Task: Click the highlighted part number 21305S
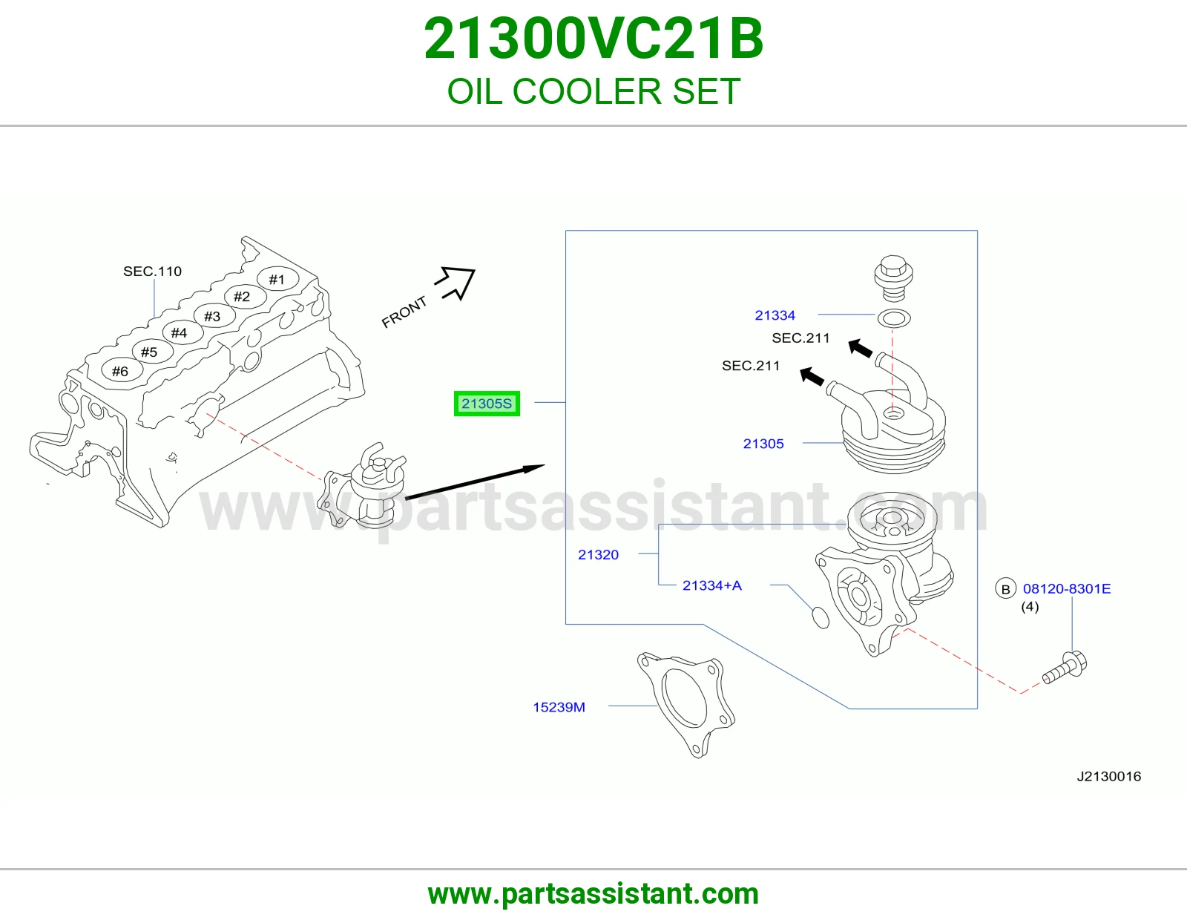[x=487, y=404]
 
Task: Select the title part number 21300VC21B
[x=593, y=39]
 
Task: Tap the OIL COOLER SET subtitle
[x=593, y=91]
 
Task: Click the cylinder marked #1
[x=277, y=280]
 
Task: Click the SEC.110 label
[x=152, y=272]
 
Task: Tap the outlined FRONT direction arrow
[x=456, y=282]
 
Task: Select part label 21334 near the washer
[x=775, y=315]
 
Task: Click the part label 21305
[x=763, y=444]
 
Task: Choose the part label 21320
[x=598, y=554]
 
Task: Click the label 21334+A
[x=711, y=585]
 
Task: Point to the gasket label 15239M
[x=559, y=707]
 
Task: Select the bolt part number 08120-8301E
[x=1066, y=588]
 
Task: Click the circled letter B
[x=1005, y=588]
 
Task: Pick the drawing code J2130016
[x=1109, y=776]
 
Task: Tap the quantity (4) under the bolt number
[x=1030, y=606]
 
